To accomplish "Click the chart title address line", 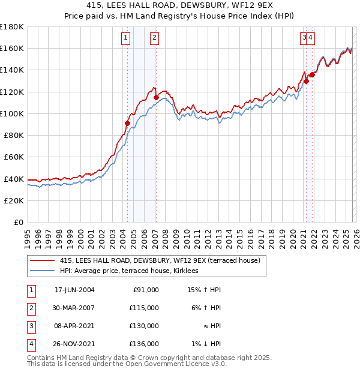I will point(180,7).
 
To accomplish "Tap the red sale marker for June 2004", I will point(127,123).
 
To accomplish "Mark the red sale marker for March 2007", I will point(156,97).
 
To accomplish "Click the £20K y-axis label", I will point(13,200).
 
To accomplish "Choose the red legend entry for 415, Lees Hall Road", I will point(160,260).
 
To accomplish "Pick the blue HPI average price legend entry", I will point(133,271).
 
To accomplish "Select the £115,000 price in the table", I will point(144,308).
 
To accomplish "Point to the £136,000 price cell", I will point(144,344).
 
